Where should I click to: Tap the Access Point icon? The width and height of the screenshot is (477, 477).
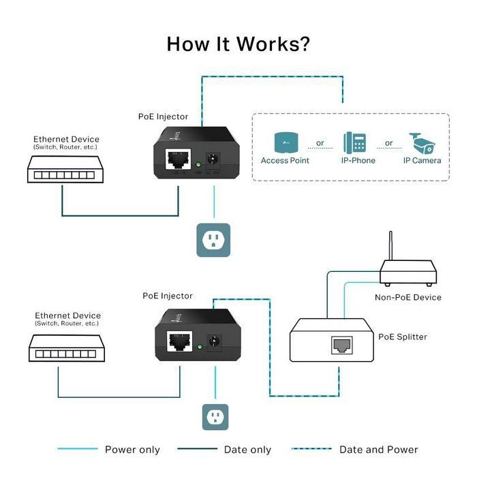pyautogui.click(x=285, y=143)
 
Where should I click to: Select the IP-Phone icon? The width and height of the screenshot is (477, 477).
pyautogui.click(x=354, y=143)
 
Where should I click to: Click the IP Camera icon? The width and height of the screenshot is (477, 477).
pyautogui.click(x=422, y=143)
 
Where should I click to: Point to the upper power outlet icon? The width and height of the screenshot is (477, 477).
pyautogui.click(x=213, y=240)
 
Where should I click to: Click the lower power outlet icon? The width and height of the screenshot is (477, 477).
pyautogui.click(x=215, y=416)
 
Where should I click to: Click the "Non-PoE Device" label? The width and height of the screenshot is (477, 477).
pyautogui.click(x=407, y=297)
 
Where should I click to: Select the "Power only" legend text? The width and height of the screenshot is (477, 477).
pyautogui.click(x=132, y=450)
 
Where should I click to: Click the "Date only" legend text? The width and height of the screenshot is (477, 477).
pyautogui.click(x=247, y=450)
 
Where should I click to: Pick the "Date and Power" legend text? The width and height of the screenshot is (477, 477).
pyautogui.click(x=378, y=450)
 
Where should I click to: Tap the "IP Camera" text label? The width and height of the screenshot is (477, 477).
pyautogui.click(x=422, y=161)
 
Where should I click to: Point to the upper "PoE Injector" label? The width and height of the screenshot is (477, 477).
pyautogui.click(x=163, y=117)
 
